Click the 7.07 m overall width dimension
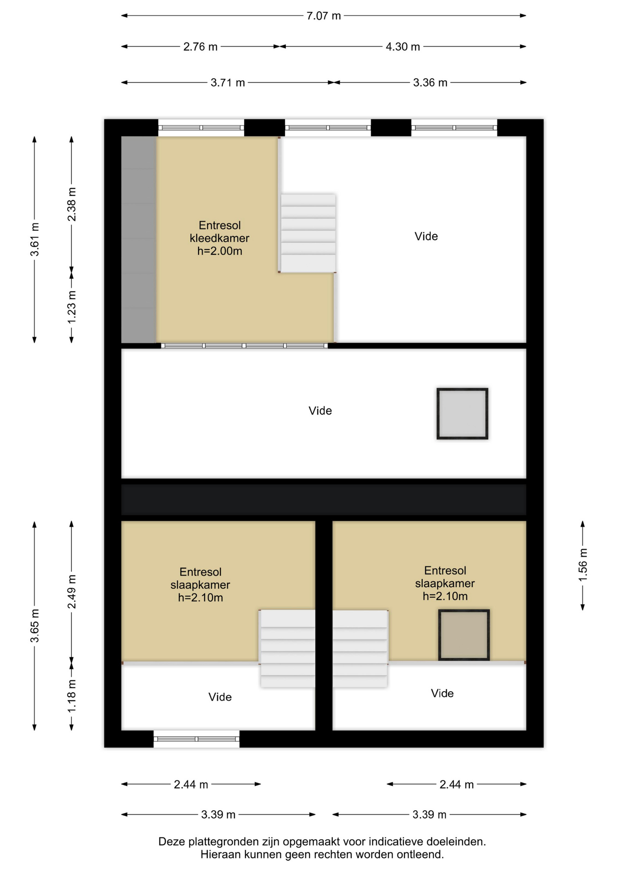(323, 16)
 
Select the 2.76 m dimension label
(200, 47)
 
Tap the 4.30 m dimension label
(403, 47)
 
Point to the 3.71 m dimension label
(228, 83)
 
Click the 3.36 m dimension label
(430, 83)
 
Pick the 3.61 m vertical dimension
(35, 239)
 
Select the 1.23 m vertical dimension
(71, 308)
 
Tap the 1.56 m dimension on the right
(582, 565)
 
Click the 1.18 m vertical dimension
(71, 696)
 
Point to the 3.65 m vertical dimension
(35, 626)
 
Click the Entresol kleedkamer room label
(219, 238)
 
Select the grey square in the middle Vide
(463, 414)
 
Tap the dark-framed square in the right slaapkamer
(464, 635)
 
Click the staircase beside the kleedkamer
(308, 233)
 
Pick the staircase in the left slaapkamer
(288, 649)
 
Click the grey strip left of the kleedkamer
(139, 240)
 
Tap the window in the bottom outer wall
(197, 739)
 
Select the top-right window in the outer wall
(454, 128)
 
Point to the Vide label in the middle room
(320, 411)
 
